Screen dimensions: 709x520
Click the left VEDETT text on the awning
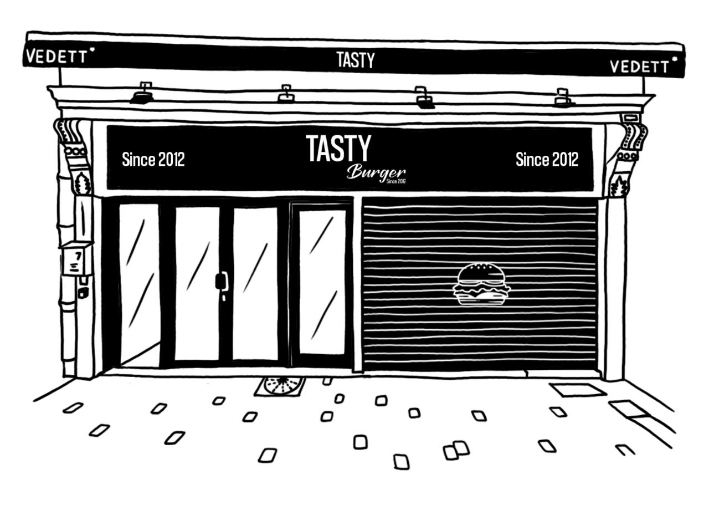click(56, 56)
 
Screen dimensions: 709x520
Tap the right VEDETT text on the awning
click(639, 67)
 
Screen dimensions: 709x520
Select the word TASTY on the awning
click(356, 60)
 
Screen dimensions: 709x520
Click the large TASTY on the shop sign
click(338, 148)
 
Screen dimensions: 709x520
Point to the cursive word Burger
click(376, 173)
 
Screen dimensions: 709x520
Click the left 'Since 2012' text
click(153, 159)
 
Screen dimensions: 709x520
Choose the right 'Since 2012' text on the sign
click(547, 159)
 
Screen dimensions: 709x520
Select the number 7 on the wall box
click(78, 256)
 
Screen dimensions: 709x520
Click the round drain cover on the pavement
click(280, 386)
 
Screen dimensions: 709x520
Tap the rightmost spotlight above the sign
click(564, 98)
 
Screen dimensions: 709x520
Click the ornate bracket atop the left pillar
click(75, 157)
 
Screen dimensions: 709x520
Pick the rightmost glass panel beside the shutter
click(322, 282)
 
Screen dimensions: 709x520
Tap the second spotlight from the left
click(286, 94)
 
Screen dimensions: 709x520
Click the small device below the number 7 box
click(83, 292)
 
